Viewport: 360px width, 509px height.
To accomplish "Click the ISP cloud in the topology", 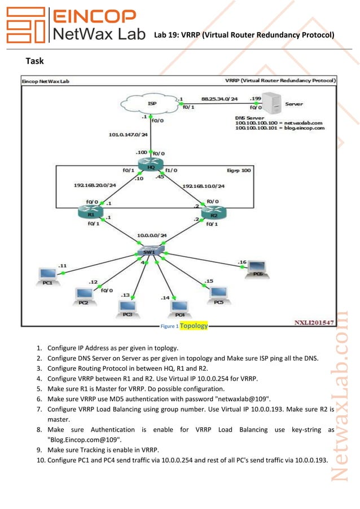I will (152, 104).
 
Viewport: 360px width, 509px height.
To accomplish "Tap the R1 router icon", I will (90, 212).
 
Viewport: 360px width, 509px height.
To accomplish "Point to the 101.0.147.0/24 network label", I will (128, 135).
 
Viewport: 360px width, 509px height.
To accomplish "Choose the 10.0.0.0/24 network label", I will (152, 235).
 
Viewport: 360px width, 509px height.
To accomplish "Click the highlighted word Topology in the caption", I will (194, 326).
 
